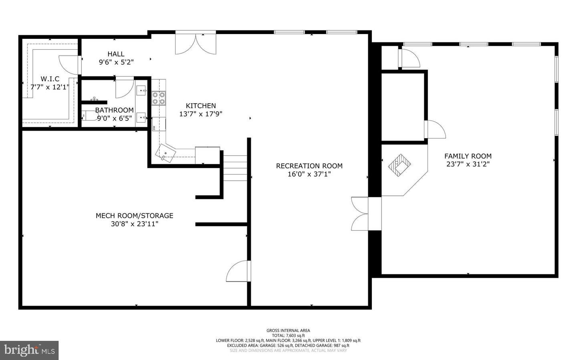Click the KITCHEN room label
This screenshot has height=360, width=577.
[201, 106]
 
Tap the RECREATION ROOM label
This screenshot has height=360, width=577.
[309, 166]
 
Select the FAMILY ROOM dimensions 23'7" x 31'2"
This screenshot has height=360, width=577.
[468, 164]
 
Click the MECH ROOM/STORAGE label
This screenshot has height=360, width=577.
[134, 215]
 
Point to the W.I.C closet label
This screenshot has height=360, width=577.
[50, 79]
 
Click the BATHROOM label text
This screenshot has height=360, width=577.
[114, 110]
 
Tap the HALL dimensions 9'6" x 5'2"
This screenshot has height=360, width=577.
[116, 62]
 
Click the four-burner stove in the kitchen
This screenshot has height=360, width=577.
[159, 99]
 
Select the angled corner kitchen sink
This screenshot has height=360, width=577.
[166, 153]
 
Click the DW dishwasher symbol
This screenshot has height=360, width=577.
[153, 128]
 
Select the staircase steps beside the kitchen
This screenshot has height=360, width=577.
[235, 168]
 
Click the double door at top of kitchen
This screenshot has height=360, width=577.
[196, 44]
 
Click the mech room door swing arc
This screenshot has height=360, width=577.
[238, 272]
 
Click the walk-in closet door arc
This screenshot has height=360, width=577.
[68, 64]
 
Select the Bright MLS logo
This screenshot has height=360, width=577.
[29, 350]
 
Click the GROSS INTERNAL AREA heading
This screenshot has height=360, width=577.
[288, 330]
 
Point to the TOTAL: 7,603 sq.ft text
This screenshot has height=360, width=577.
[288, 336]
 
